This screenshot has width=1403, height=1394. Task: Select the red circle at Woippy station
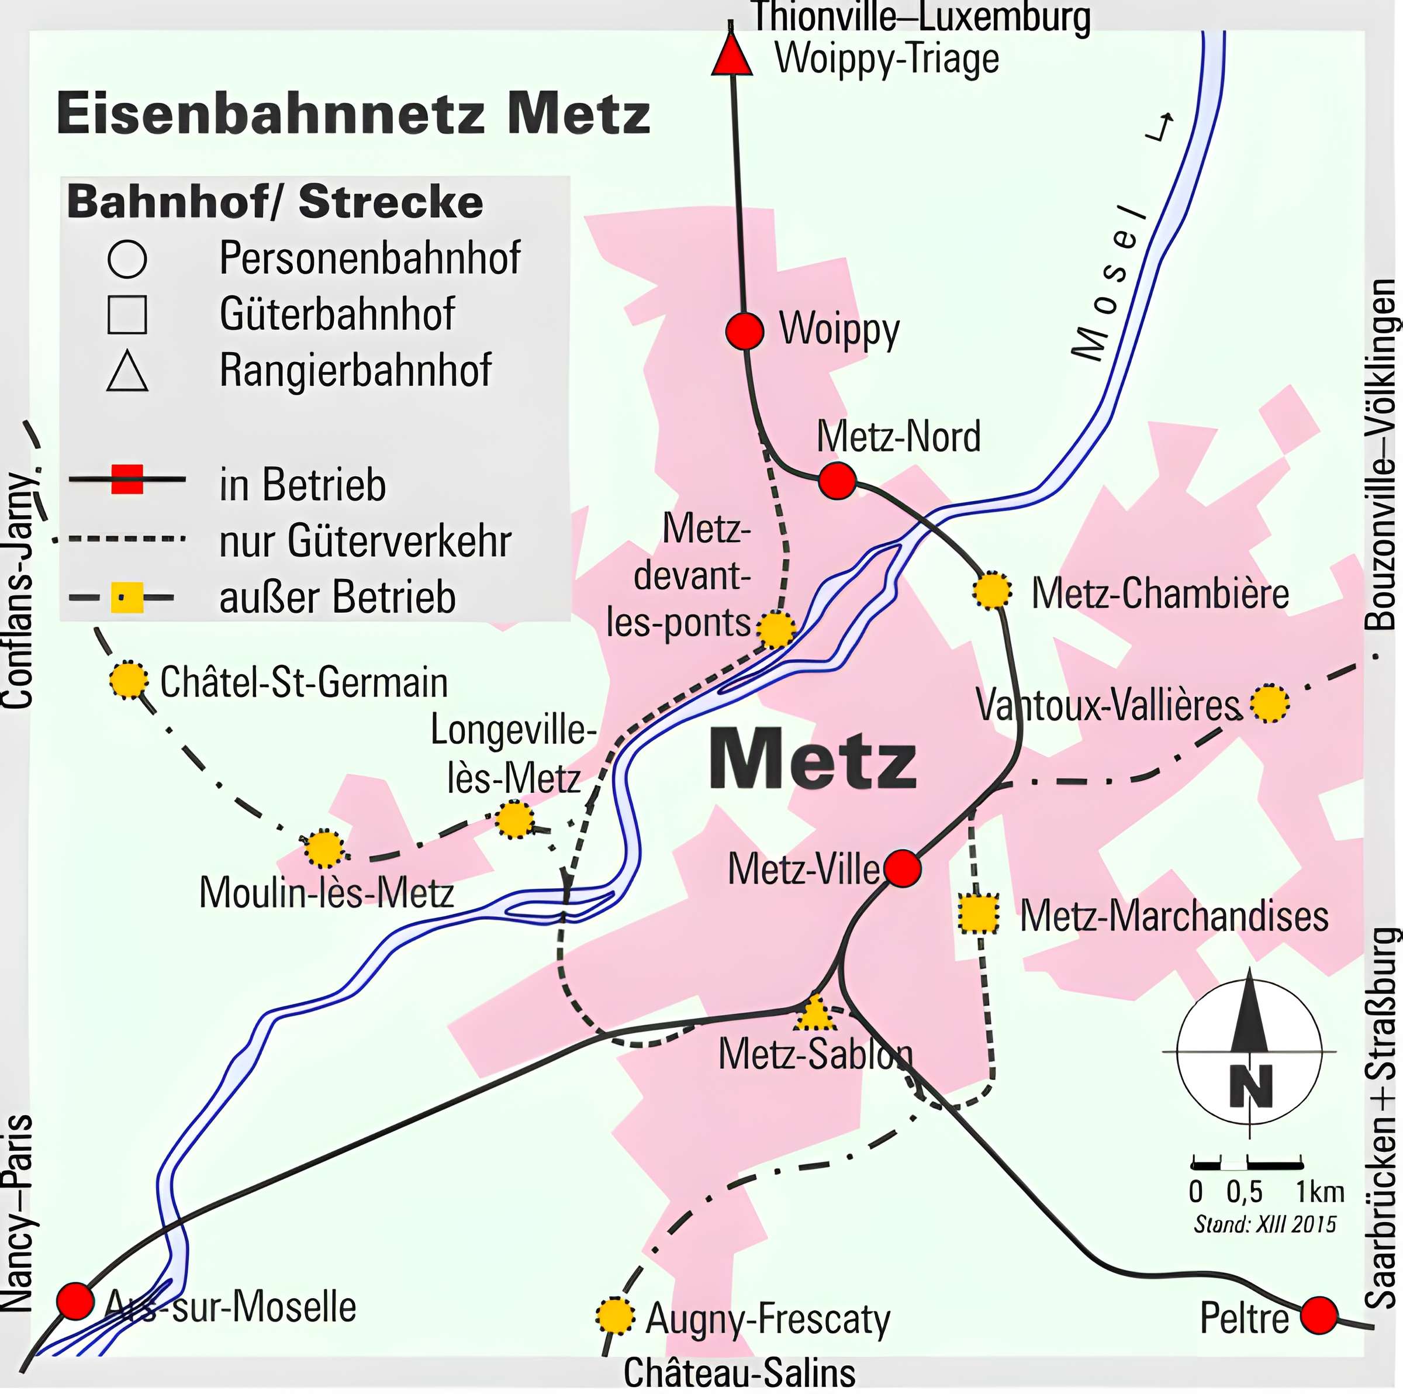[x=744, y=330]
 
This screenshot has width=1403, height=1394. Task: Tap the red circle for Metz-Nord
[x=837, y=480]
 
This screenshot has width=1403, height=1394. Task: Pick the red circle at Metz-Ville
[x=903, y=868]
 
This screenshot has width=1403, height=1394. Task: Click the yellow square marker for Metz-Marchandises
[x=978, y=915]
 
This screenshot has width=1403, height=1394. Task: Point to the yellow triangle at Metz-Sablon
[x=814, y=1013]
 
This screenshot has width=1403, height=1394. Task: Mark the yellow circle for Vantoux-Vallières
[x=1269, y=703]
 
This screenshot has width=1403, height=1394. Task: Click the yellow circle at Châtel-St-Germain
[x=129, y=681]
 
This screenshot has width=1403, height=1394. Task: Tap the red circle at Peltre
[x=1319, y=1316]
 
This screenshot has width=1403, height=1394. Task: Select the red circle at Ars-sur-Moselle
[x=75, y=1301]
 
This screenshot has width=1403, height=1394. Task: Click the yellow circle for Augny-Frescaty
[x=614, y=1316]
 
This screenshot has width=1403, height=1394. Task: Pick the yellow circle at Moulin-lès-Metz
[x=324, y=848]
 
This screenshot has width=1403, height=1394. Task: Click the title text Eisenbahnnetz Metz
[x=353, y=114]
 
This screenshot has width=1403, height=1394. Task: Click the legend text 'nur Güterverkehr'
[x=365, y=541]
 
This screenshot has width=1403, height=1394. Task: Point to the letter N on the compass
[x=1251, y=1085]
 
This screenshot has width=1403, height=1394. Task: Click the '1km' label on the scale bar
[x=1320, y=1192]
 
